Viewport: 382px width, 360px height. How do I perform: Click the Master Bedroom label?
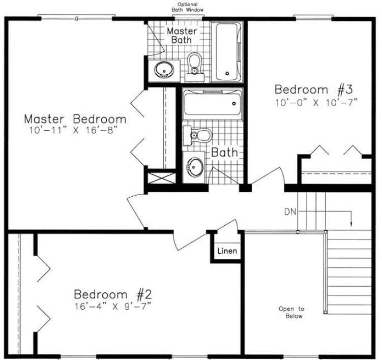click(75, 119)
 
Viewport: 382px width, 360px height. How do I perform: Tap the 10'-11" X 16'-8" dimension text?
click(73, 131)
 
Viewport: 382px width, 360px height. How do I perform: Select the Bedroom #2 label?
click(113, 294)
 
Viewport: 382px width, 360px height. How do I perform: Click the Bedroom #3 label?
click(314, 89)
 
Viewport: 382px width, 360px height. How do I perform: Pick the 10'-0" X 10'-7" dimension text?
click(316, 102)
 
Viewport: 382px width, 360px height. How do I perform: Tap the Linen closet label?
click(227, 251)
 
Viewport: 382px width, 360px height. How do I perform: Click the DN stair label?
click(290, 212)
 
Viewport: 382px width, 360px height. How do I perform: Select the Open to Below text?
click(291, 313)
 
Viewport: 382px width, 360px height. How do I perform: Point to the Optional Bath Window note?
click(187, 7)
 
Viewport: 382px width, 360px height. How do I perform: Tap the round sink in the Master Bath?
click(164, 70)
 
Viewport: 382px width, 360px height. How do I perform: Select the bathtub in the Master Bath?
click(227, 52)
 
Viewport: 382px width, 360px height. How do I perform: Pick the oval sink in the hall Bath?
click(195, 167)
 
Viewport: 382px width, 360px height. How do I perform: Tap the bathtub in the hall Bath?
click(213, 104)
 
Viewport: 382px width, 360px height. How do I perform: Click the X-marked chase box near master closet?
click(162, 178)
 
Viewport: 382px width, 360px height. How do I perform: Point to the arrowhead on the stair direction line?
click(351, 224)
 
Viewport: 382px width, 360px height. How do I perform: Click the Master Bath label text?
click(182, 36)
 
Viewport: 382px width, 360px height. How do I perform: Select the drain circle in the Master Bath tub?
click(227, 73)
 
